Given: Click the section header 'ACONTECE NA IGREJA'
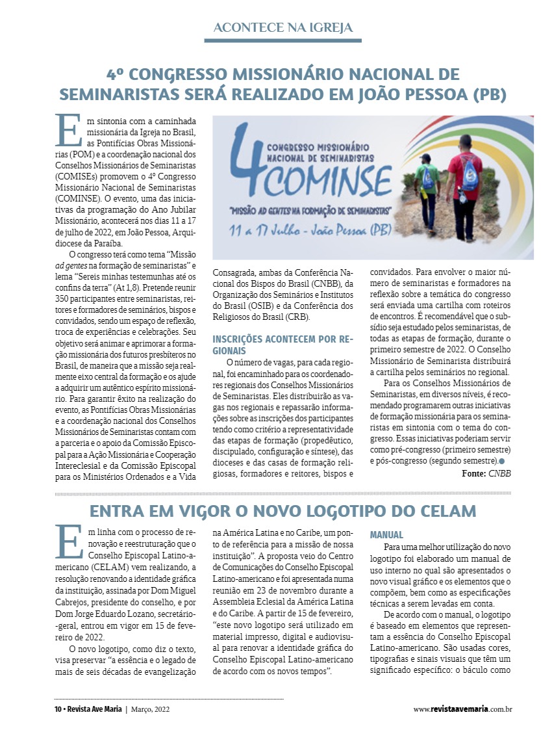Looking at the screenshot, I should pyautogui.click(x=282, y=27).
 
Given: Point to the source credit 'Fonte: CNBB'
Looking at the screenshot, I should pyautogui.click(x=486, y=474).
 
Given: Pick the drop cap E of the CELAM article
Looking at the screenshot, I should pyautogui.click(x=68, y=540).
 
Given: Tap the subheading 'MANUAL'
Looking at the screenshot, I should pyautogui.click(x=386, y=535).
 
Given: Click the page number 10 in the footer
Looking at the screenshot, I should pyautogui.click(x=57, y=709).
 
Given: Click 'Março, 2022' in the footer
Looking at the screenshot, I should pyautogui.click(x=151, y=709).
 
